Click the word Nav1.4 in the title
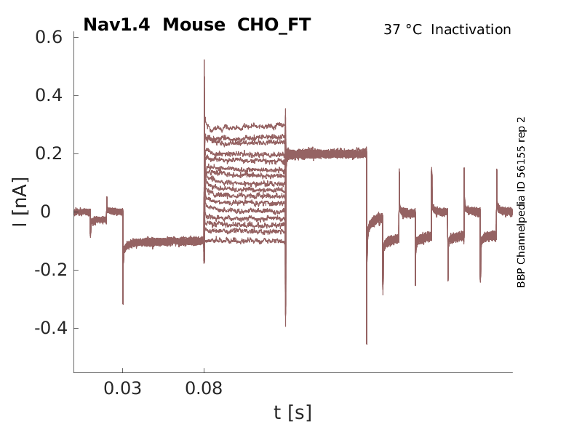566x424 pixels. [x=117, y=25]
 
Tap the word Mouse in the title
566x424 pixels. [x=195, y=25]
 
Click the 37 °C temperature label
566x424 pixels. [x=402, y=30]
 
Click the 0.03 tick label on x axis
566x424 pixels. [x=123, y=389]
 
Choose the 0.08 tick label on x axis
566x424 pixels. [x=204, y=389]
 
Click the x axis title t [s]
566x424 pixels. [x=292, y=412]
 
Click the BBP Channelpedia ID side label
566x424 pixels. [x=521, y=202]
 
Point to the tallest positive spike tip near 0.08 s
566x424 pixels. [x=204, y=60]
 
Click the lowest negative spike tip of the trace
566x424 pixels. [x=367, y=343]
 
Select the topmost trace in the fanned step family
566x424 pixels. [x=245, y=125]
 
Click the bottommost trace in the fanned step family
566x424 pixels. [x=245, y=241]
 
